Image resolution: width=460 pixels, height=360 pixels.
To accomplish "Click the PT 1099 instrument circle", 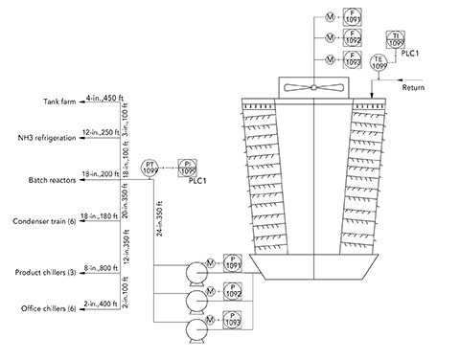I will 149,166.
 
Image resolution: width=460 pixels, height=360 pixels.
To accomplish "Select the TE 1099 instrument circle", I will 379,60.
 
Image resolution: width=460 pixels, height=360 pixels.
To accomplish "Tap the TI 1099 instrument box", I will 394,38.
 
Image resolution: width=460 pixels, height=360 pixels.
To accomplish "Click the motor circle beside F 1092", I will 331,39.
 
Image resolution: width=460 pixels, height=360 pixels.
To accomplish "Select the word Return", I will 413,88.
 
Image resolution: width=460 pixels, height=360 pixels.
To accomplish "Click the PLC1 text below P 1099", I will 197,179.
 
